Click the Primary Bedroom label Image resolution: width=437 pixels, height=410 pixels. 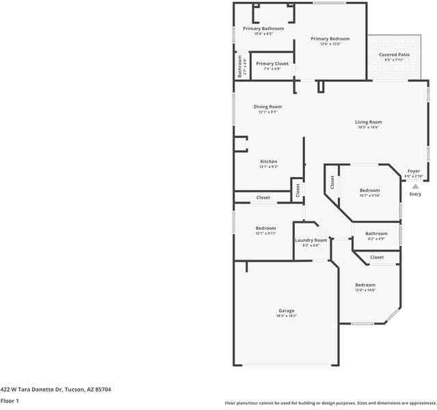pyautogui.click(x=330, y=39)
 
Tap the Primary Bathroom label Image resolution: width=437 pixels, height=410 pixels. pyautogui.click(x=263, y=28)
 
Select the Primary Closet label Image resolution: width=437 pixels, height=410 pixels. pyautogui.click(x=272, y=64)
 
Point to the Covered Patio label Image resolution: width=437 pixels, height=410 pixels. pyautogui.click(x=394, y=54)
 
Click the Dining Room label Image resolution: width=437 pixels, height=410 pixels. pyautogui.click(x=267, y=107)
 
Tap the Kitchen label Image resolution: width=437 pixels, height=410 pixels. pyautogui.click(x=268, y=161)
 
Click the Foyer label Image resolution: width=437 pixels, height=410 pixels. pyautogui.click(x=414, y=171)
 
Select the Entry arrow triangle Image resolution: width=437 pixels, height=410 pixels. pyautogui.click(x=414, y=185)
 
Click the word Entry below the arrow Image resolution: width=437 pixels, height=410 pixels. pyautogui.click(x=415, y=194)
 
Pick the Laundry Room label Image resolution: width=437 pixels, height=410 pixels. pyautogui.click(x=311, y=240)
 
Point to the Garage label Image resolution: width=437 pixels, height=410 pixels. pyautogui.click(x=286, y=311)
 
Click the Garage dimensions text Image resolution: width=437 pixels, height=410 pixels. pyautogui.click(x=286, y=316)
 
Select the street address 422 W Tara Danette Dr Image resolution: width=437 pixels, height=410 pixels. pyautogui.click(x=55, y=389)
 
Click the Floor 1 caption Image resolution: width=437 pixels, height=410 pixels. pyautogui.click(x=10, y=400)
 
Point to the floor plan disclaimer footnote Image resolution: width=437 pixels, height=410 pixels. pyautogui.click(x=330, y=402)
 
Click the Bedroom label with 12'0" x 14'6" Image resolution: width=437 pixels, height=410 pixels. pyautogui.click(x=365, y=284)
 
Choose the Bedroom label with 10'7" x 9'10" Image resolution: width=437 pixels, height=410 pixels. pyautogui.click(x=370, y=190)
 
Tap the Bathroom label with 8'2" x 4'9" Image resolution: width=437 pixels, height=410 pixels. pyautogui.click(x=376, y=234)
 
